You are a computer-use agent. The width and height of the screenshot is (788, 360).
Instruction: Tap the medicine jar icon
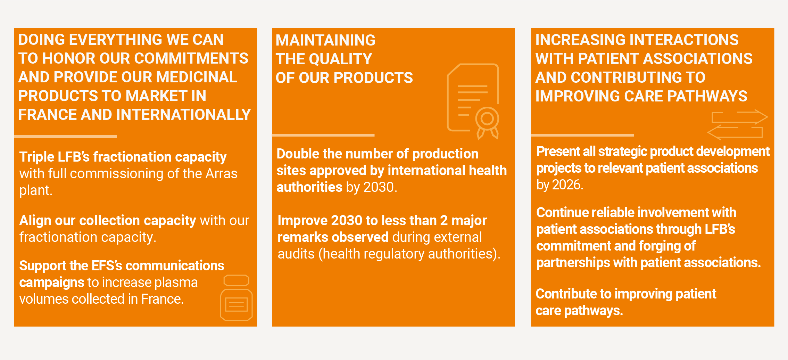tap(236, 298)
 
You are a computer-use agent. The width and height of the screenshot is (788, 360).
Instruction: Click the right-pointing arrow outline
tap(740, 117)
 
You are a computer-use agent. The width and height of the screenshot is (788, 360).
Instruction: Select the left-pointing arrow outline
tap(735, 132)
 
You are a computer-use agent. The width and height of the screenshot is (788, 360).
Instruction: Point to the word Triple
tap(36, 157)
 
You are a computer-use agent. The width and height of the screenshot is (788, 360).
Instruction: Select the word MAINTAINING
tap(325, 40)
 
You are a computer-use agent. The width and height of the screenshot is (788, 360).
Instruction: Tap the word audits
tap(296, 254)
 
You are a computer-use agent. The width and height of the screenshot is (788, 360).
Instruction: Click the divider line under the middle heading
tap(323, 135)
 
